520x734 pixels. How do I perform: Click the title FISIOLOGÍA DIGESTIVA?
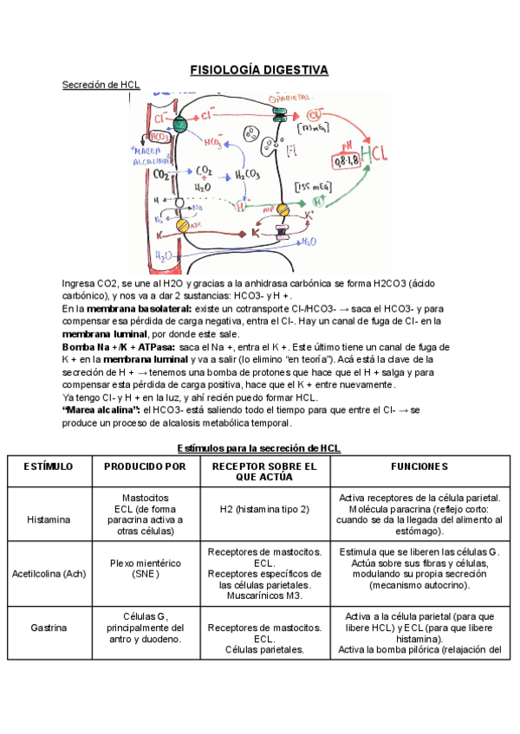(x=259, y=69)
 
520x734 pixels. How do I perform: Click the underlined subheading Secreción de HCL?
(x=101, y=85)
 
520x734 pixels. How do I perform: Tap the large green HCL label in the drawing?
(x=374, y=154)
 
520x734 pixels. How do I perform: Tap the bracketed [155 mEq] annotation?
(x=315, y=185)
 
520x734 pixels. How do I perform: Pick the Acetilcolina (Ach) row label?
(x=49, y=573)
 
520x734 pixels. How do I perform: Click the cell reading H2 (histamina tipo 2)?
(x=264, y=509)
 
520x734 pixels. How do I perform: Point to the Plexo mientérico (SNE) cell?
(x=145, y=568)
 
